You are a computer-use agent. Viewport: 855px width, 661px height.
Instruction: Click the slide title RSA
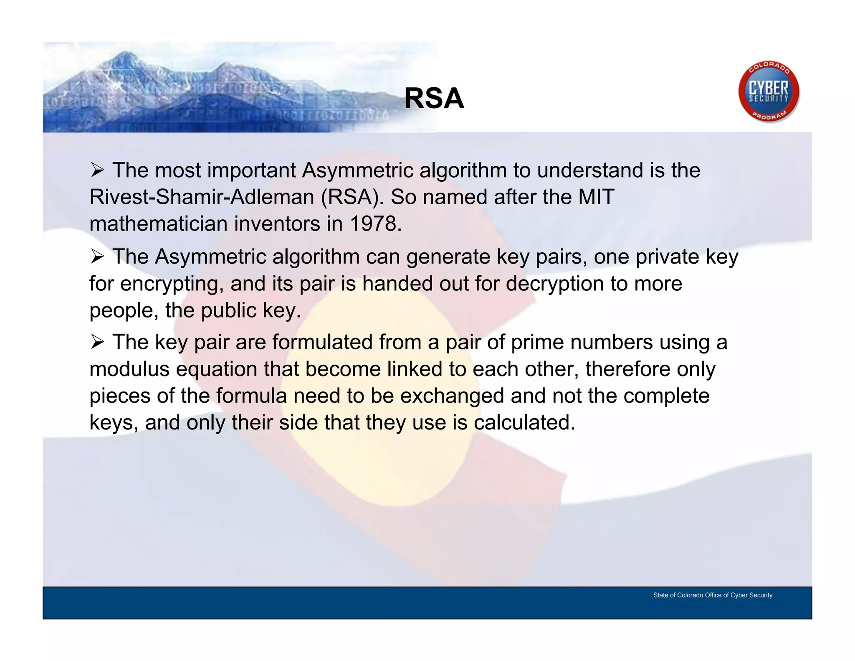click(434, 99)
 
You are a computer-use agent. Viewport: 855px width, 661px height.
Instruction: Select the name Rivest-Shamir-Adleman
click(202, 197)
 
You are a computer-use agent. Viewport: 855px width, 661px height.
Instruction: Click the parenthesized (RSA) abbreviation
click(352, 197)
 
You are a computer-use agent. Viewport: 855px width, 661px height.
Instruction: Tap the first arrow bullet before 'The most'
click(97, 170)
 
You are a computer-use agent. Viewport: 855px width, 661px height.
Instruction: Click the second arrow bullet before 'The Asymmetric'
click(97, 257)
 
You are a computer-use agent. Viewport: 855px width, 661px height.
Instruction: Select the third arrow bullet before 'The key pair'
click(97, 342)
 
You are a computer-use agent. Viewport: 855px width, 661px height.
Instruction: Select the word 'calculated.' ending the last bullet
click(524, 422)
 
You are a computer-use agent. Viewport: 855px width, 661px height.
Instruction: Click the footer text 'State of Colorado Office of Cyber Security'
click(713, 595)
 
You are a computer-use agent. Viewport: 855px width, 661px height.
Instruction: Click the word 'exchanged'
click(452, 396)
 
